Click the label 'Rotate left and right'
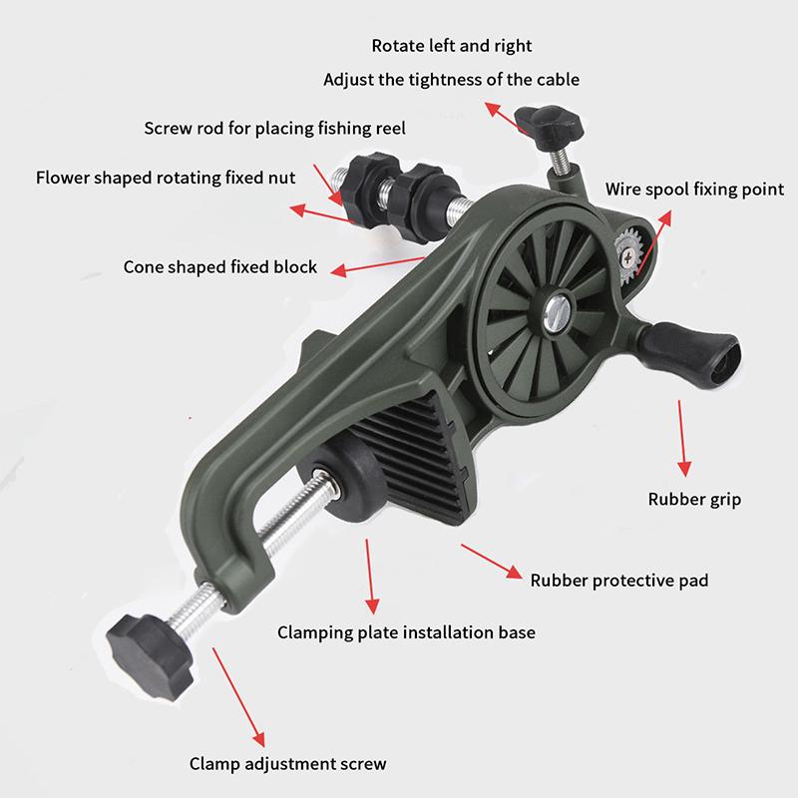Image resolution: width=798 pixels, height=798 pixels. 452,46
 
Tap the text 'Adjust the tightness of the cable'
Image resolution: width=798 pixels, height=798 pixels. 452,80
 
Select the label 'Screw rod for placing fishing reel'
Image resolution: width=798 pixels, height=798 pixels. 275,129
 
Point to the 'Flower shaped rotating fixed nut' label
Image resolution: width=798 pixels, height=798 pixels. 166,178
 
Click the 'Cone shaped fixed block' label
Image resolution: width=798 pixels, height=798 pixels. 219,267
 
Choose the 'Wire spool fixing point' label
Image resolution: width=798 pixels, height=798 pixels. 694,190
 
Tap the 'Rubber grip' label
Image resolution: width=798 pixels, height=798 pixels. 694,500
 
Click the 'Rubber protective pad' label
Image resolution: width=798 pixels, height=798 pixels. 619,581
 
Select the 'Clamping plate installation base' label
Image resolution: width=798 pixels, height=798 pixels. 406,632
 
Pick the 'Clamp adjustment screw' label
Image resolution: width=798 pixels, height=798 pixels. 287,764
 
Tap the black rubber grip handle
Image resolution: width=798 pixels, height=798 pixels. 689,354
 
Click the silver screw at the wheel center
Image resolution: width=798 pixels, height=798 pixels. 558,313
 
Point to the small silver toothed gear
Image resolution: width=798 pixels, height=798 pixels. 628,257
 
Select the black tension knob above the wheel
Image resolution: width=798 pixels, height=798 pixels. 550,127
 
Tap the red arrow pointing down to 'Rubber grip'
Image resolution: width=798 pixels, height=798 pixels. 682,438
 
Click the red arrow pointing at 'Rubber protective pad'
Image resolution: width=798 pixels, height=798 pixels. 492,562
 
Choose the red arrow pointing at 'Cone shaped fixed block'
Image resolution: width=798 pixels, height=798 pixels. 378,266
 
